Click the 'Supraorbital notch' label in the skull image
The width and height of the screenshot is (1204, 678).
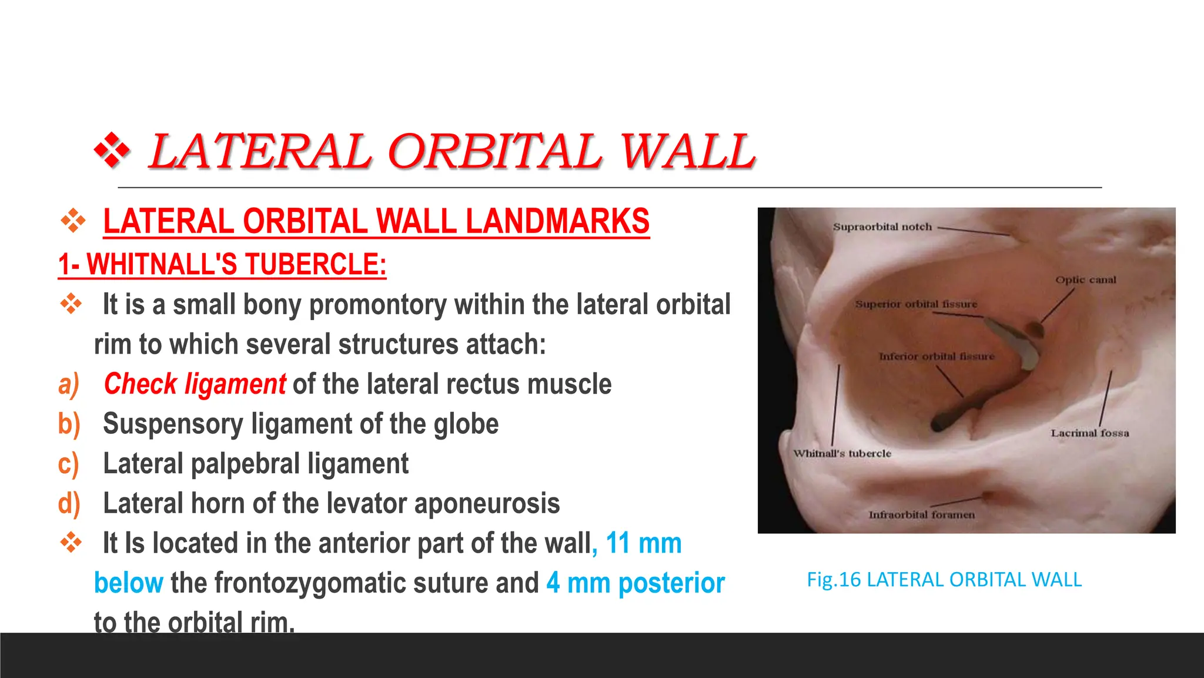882,227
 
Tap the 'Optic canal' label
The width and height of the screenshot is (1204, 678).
1085,280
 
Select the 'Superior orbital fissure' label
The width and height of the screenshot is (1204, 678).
916,304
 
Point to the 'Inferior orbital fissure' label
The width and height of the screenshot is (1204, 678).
936,356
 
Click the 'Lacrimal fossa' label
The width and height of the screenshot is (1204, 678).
1089,433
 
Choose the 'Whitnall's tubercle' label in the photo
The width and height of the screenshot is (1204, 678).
842,453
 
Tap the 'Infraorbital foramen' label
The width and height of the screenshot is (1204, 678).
921,514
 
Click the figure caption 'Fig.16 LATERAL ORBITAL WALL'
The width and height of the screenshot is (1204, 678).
944,580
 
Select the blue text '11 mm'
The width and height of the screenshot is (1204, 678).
644,543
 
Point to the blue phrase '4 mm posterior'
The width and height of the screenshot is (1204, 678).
636,583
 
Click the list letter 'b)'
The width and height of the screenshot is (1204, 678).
69,424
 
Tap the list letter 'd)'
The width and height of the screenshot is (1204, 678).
69,503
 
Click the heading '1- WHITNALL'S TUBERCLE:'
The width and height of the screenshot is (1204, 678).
222,264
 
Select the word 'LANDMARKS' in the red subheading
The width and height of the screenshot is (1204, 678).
557,221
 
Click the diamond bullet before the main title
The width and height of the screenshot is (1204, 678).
112,151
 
